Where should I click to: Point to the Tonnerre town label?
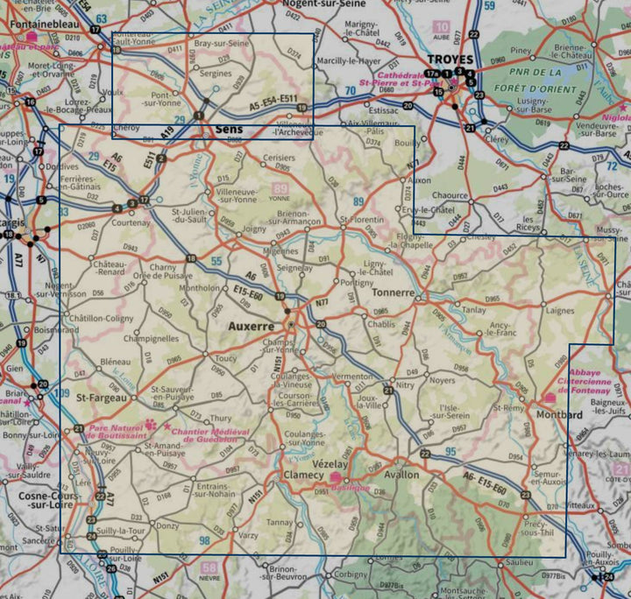pos(393,292)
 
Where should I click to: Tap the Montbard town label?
pos(559,415)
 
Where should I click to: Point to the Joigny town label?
pos(254,229)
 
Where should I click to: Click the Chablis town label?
pos(382,323)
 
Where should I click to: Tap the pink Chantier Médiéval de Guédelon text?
pos(210,436)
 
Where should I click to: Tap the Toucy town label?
pos(226,358)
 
